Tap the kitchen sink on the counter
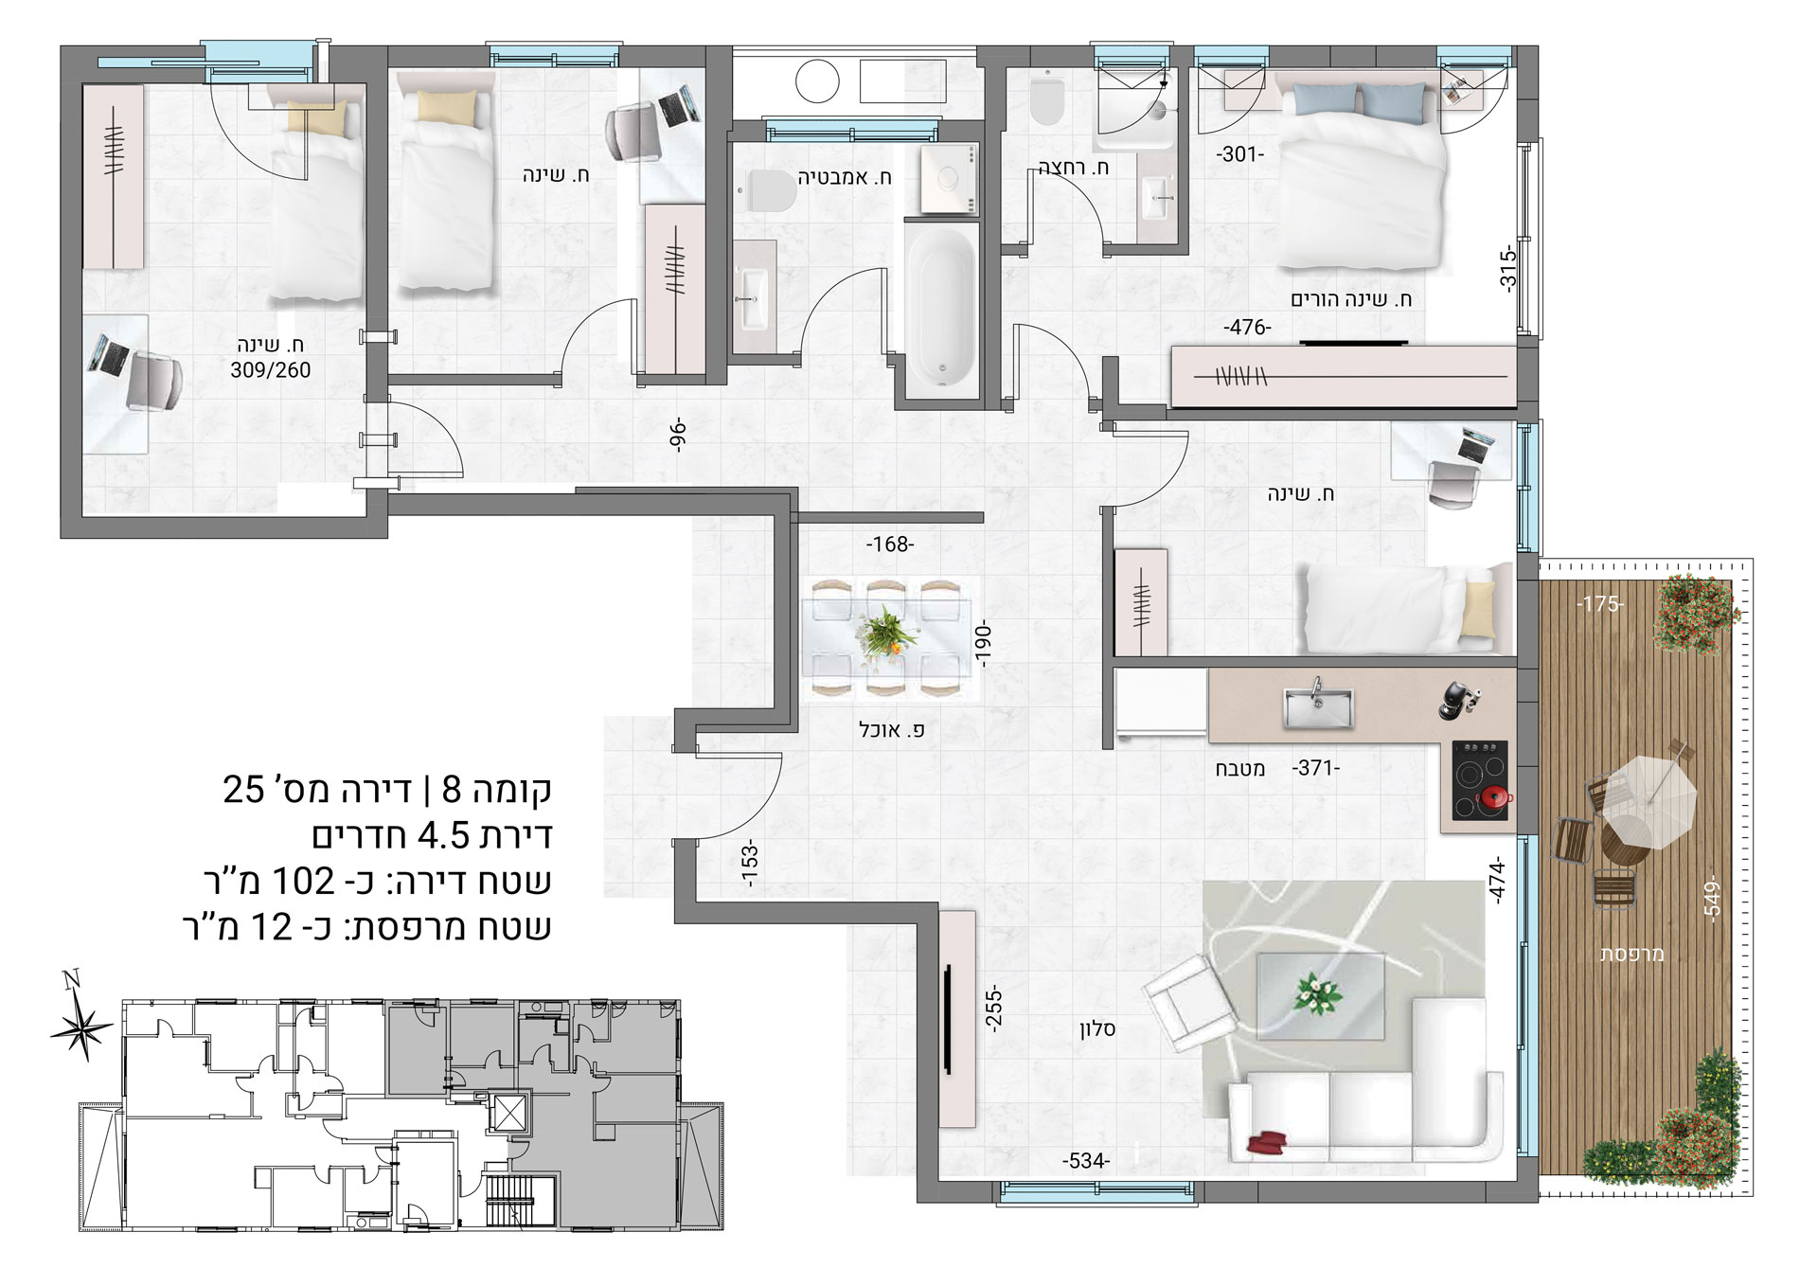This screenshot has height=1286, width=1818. click(x=1317, y=704)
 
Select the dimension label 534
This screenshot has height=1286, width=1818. click(x=1086, y=1161)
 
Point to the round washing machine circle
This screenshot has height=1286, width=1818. click(x=818, y=81)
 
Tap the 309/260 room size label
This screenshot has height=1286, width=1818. click(x=271, y=370)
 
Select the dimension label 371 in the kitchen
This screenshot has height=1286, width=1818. click(x=1316, y=769)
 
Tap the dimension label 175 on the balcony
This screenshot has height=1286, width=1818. click(x=1600, y=604)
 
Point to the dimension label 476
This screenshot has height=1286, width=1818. click(x=1247, y=328)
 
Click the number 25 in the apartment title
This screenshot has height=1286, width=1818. click(x=243, y=789)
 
